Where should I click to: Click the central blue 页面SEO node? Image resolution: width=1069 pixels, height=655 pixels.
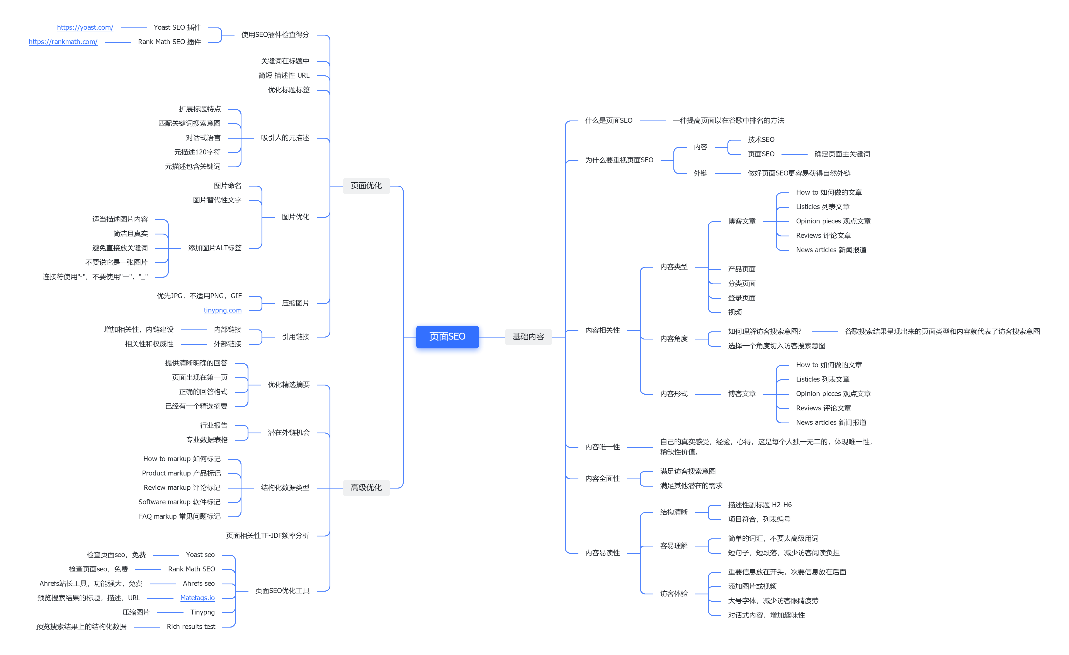click(447, 337)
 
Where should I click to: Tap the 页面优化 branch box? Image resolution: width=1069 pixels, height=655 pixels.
click(366, 186)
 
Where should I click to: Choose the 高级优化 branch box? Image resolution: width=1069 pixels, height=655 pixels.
click(366, 488)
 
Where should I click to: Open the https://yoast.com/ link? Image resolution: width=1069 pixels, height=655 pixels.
click(85, 27)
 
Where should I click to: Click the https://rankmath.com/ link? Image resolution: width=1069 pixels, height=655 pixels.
click(63, 42)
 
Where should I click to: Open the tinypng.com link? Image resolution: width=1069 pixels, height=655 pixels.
click(223, 310)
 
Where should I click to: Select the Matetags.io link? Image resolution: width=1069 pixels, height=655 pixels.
click(197, 598)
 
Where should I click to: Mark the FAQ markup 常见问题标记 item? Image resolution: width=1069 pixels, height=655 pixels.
click(180, 516)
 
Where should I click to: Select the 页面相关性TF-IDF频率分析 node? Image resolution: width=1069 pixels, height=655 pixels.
click(268, 536)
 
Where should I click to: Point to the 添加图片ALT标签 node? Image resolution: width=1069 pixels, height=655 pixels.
click(215, 248)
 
